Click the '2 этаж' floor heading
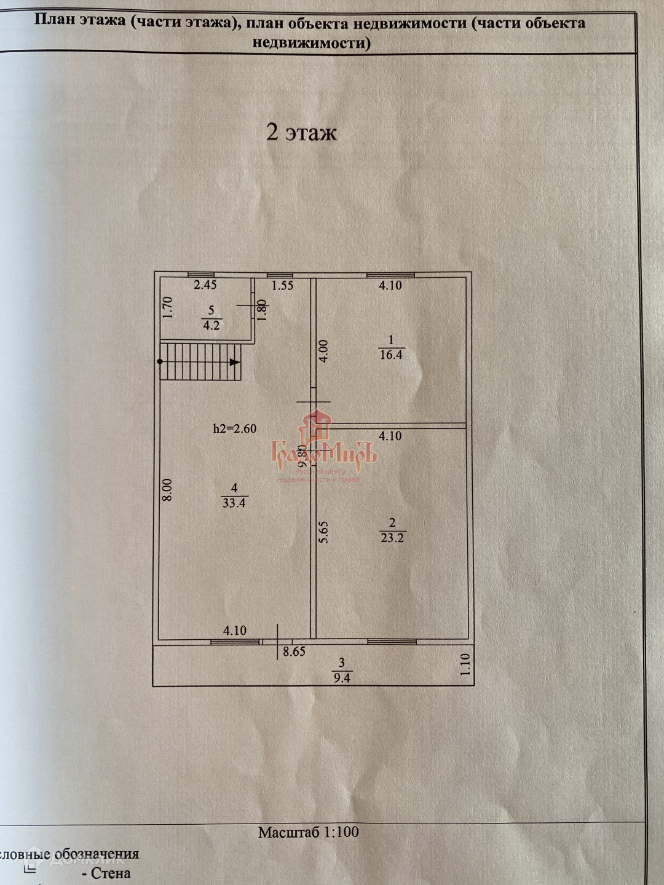pyautogui.click(x=301, y=132)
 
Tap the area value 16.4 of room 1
pyautogui.click(x=391, y=355)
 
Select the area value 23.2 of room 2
pyautogui.click(x=392, y=538)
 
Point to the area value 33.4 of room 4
pyautogui.click(x=234, y=503)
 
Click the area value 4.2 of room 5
pyautogui.click(x=211, y=325)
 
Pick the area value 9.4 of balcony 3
pyautogui.click(x=342, y=678)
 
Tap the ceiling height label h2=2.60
pyautogui.click(x=235, y=428)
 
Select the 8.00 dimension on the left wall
pyautogui.click(x=167, y=490)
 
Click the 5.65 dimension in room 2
pyautogui.click(x=324, y=532)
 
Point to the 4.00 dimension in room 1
pyautogui.click(x=324, y=351)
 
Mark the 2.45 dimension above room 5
pyautogui.click(x=205, y=285)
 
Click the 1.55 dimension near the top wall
pyautogui.click(x=283, y=285)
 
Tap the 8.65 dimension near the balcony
pyautogui.click(x=294, y=651)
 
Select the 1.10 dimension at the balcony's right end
pyautogui.click(x=465, y=664)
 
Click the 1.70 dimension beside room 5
pyautogui.click(x=168, y=307)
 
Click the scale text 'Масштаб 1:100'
pyautogui.click(x=308, y=832)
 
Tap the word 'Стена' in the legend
pyautogui.click(x=111, y=873)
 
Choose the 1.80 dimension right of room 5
pyautogui.click(x=263, y=310)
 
